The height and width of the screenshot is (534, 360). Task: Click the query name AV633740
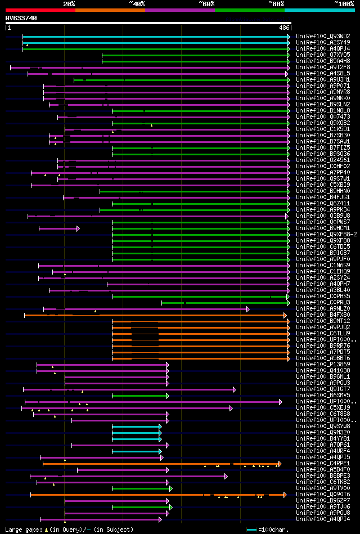pos(21,18)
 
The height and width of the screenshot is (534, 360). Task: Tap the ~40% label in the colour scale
pos(137,4)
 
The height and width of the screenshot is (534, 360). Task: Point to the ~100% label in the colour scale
pos(344,4)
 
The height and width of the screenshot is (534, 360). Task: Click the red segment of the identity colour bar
pos(40,10)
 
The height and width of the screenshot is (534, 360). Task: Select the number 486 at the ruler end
pos(284,28)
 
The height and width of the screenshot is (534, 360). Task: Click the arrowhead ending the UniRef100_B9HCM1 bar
pos(78,228)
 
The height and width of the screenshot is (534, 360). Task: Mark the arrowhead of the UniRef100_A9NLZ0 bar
pos(248,309)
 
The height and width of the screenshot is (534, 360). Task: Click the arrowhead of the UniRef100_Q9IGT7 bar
pos(235,389)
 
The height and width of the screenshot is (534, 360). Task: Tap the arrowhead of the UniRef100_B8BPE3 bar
pos(226,476)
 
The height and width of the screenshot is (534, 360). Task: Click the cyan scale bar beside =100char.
pos(251,529)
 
